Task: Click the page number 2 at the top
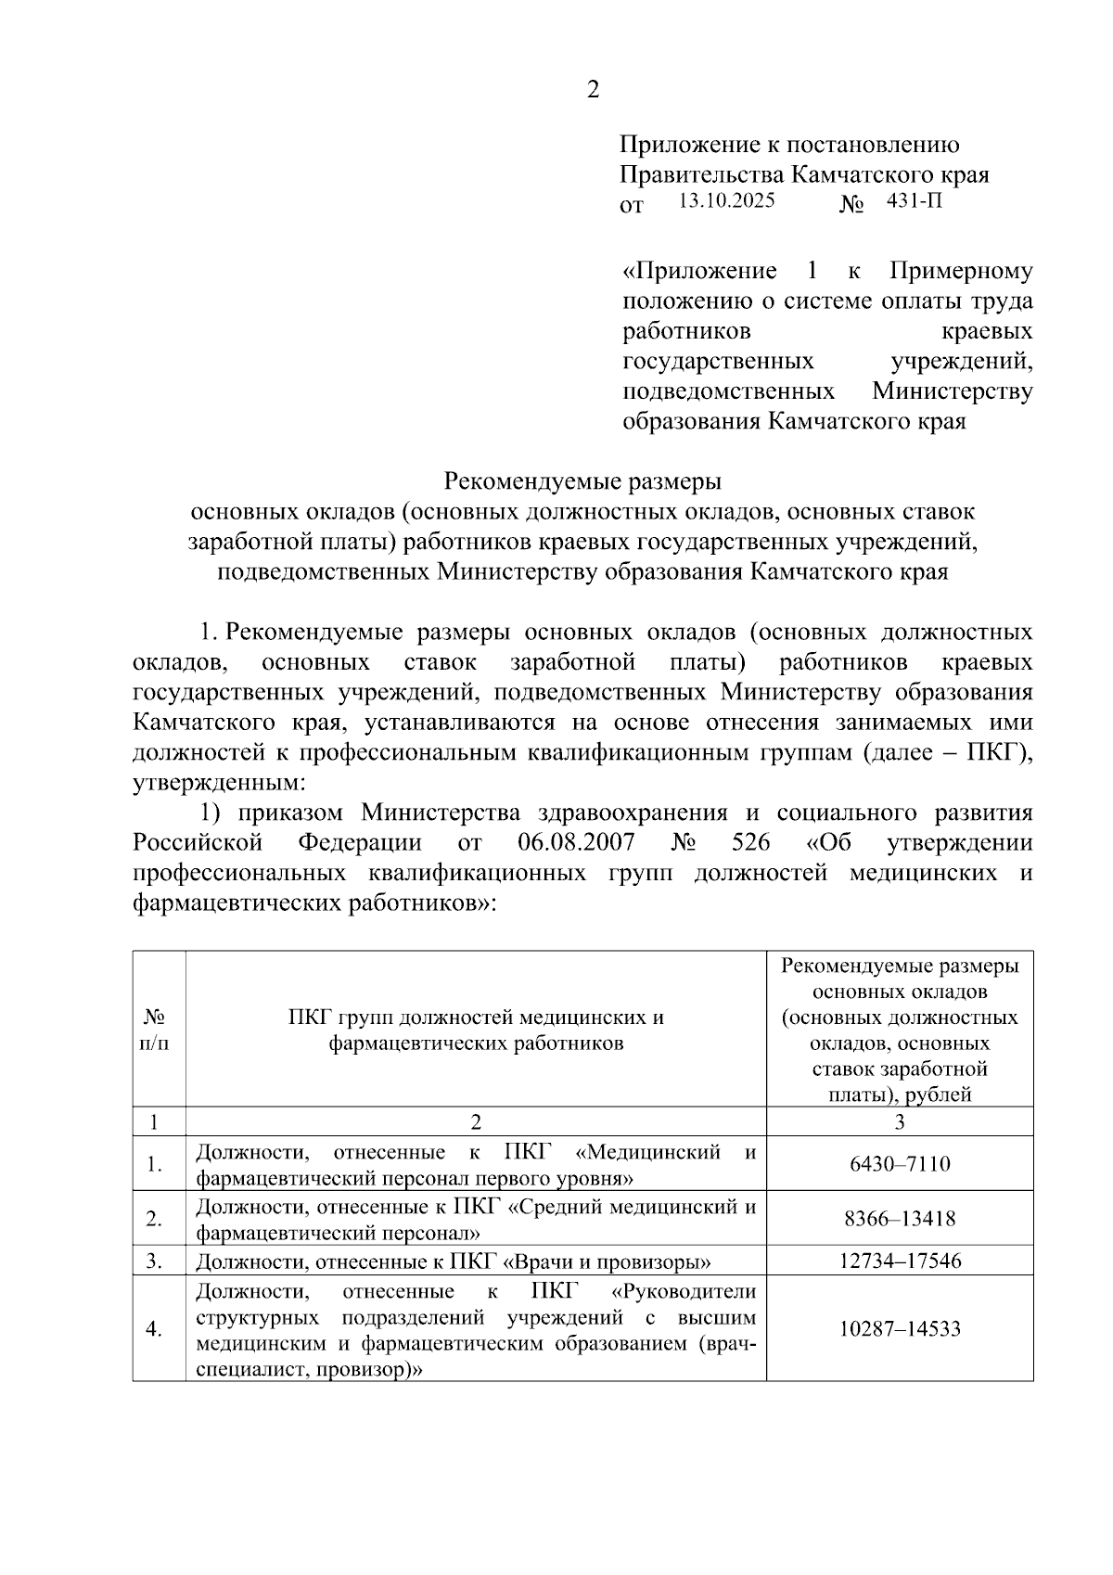point(594,90)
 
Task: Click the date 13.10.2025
point(726,200)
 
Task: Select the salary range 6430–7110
point(900,1163)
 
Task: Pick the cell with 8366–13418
point(900,1218)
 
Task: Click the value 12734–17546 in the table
point(900,1261)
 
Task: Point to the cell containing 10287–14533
point(900,1328)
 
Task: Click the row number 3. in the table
point(155,1261)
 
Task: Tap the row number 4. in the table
point(155,1328)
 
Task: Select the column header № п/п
point(155,1030)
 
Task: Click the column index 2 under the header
point(476,1121)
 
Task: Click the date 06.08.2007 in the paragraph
point(573,843)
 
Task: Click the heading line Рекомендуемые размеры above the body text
point(582,481)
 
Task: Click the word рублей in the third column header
point(939,1095)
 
